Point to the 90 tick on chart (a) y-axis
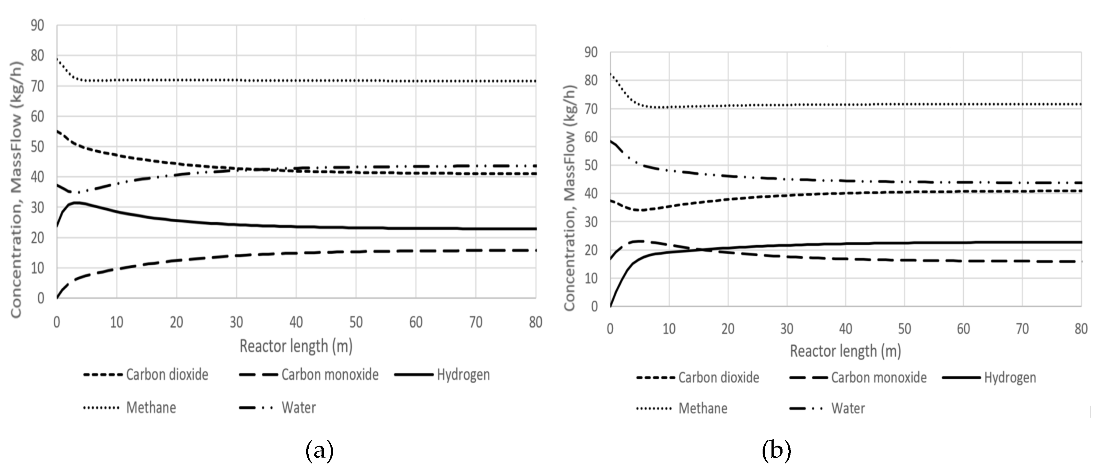click(37, 25)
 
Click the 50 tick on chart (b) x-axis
click(905, 328)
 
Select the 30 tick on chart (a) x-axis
click(236, 322)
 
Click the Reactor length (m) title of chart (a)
click(296, 346)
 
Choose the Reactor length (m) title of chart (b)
click(845, 351)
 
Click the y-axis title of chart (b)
click(570, 198)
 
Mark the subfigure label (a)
click(319, 450)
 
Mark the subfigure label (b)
click(776, 450)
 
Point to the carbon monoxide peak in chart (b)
click(640, 241)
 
